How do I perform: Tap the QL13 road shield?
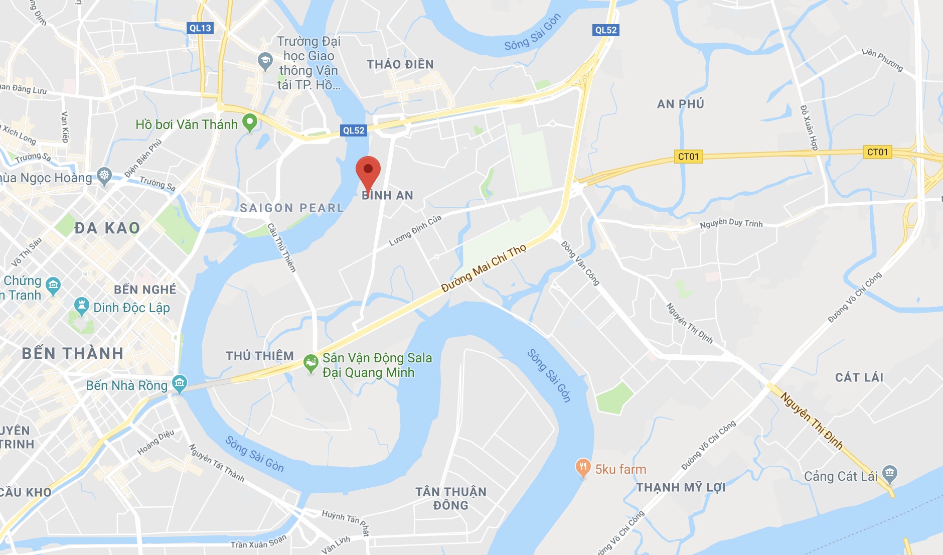click(200, 28)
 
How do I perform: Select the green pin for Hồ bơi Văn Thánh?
click(249, 122)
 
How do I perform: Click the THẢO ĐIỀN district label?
click(400, 64)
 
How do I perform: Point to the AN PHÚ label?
click(680, 104)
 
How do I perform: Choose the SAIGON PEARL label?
click(291, 208)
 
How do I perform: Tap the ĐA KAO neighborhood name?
click(107, 228)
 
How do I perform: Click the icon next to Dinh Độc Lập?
click(81, 306)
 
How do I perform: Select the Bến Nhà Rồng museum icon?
click(180, 384)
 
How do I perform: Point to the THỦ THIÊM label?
click(259, 356)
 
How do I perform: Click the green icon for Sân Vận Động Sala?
click(311, 363)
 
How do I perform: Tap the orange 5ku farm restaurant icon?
click(582, 468)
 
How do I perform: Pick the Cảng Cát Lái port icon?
click(890, 473)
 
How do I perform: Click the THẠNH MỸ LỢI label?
click(681, 487)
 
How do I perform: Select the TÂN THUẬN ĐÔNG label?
click(450, 498)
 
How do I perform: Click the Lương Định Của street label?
click(415, 230)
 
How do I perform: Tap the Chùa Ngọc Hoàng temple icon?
click(104, 176)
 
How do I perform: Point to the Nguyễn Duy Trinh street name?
click(731, 223)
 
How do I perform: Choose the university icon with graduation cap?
click(265, 61)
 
